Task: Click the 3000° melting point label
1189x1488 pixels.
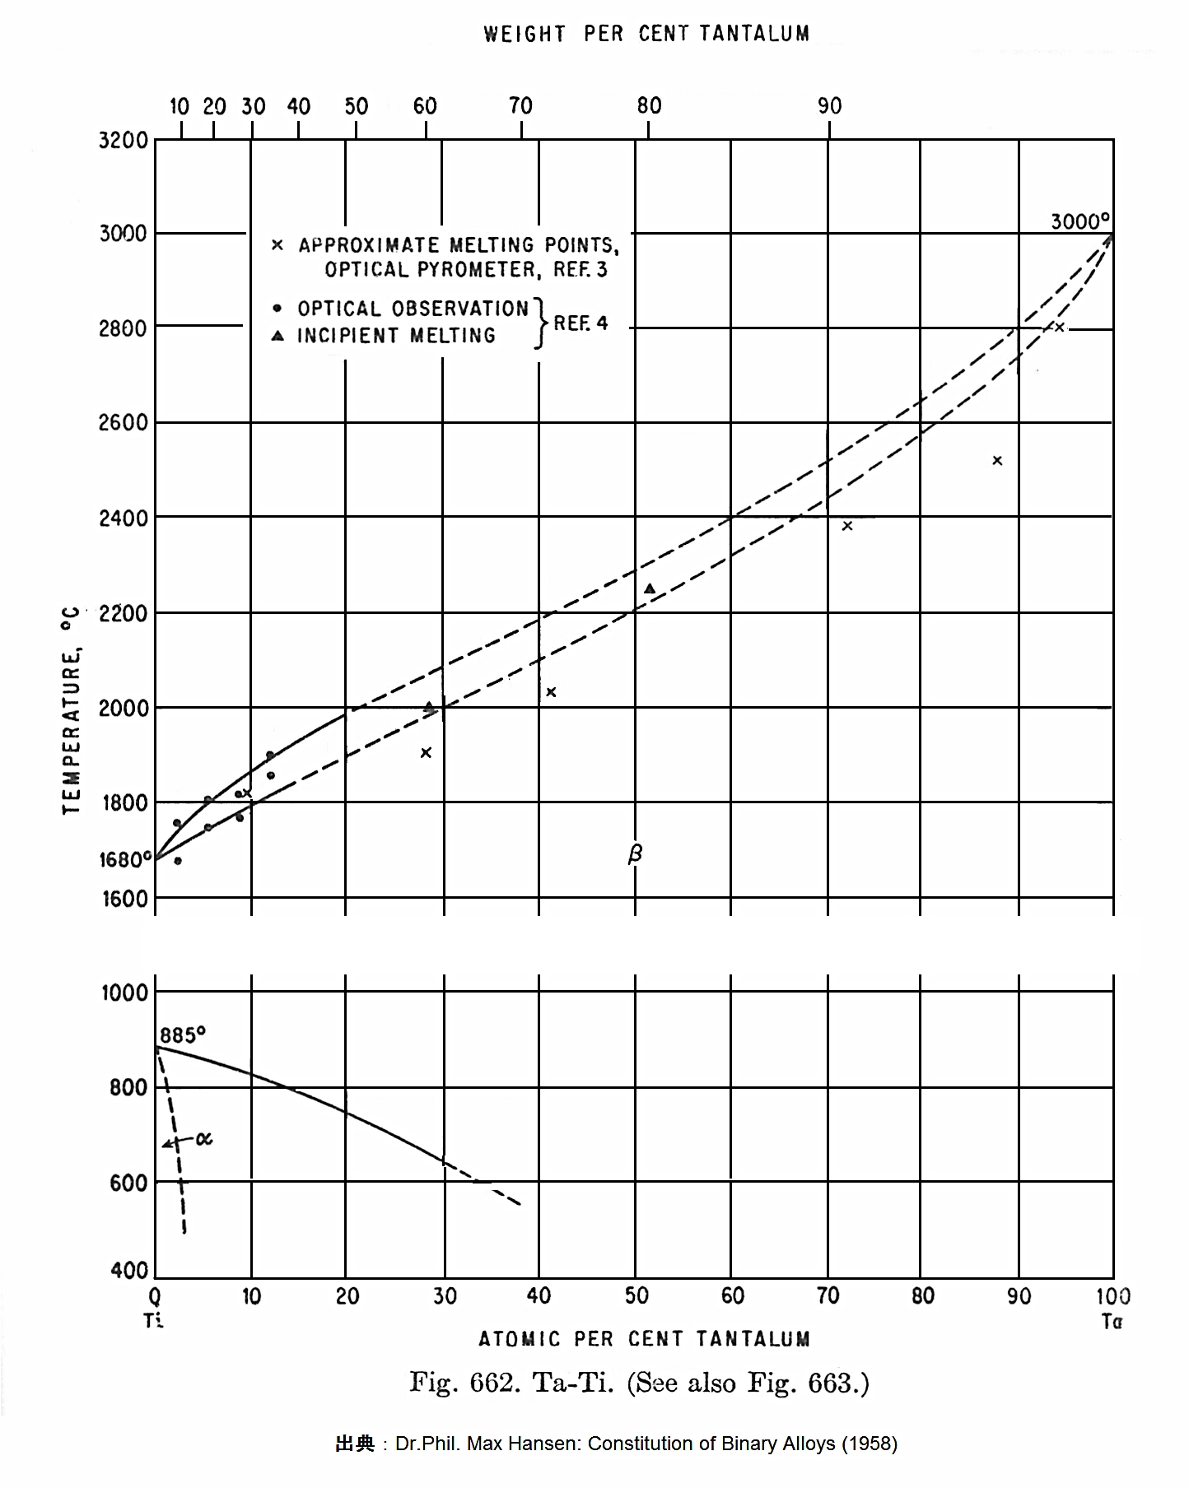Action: (1079, 221)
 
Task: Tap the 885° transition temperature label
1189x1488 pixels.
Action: (183, 1035)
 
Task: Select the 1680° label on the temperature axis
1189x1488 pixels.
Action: (125, 860)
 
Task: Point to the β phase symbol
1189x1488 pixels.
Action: (635, 854)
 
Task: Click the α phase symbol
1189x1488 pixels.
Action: (204, 1139)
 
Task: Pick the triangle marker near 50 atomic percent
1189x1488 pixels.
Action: (650, 588)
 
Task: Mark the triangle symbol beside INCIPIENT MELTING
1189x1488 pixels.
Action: (278, 336)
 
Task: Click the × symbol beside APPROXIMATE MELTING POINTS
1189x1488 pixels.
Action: (277, 245)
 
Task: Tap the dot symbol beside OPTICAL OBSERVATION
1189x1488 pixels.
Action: (277, 309)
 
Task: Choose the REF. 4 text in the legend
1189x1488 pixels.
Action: (581, 323)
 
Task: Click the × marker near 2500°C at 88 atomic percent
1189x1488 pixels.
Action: (997, 461)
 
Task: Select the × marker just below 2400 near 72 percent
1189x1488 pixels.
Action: (847, 526)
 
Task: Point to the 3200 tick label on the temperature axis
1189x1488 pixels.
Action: (124, 140)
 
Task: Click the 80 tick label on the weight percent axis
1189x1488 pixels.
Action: (649, 105)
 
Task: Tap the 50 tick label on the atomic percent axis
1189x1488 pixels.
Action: (636, 1296)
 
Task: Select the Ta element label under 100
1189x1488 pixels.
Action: (1112, 1322)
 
